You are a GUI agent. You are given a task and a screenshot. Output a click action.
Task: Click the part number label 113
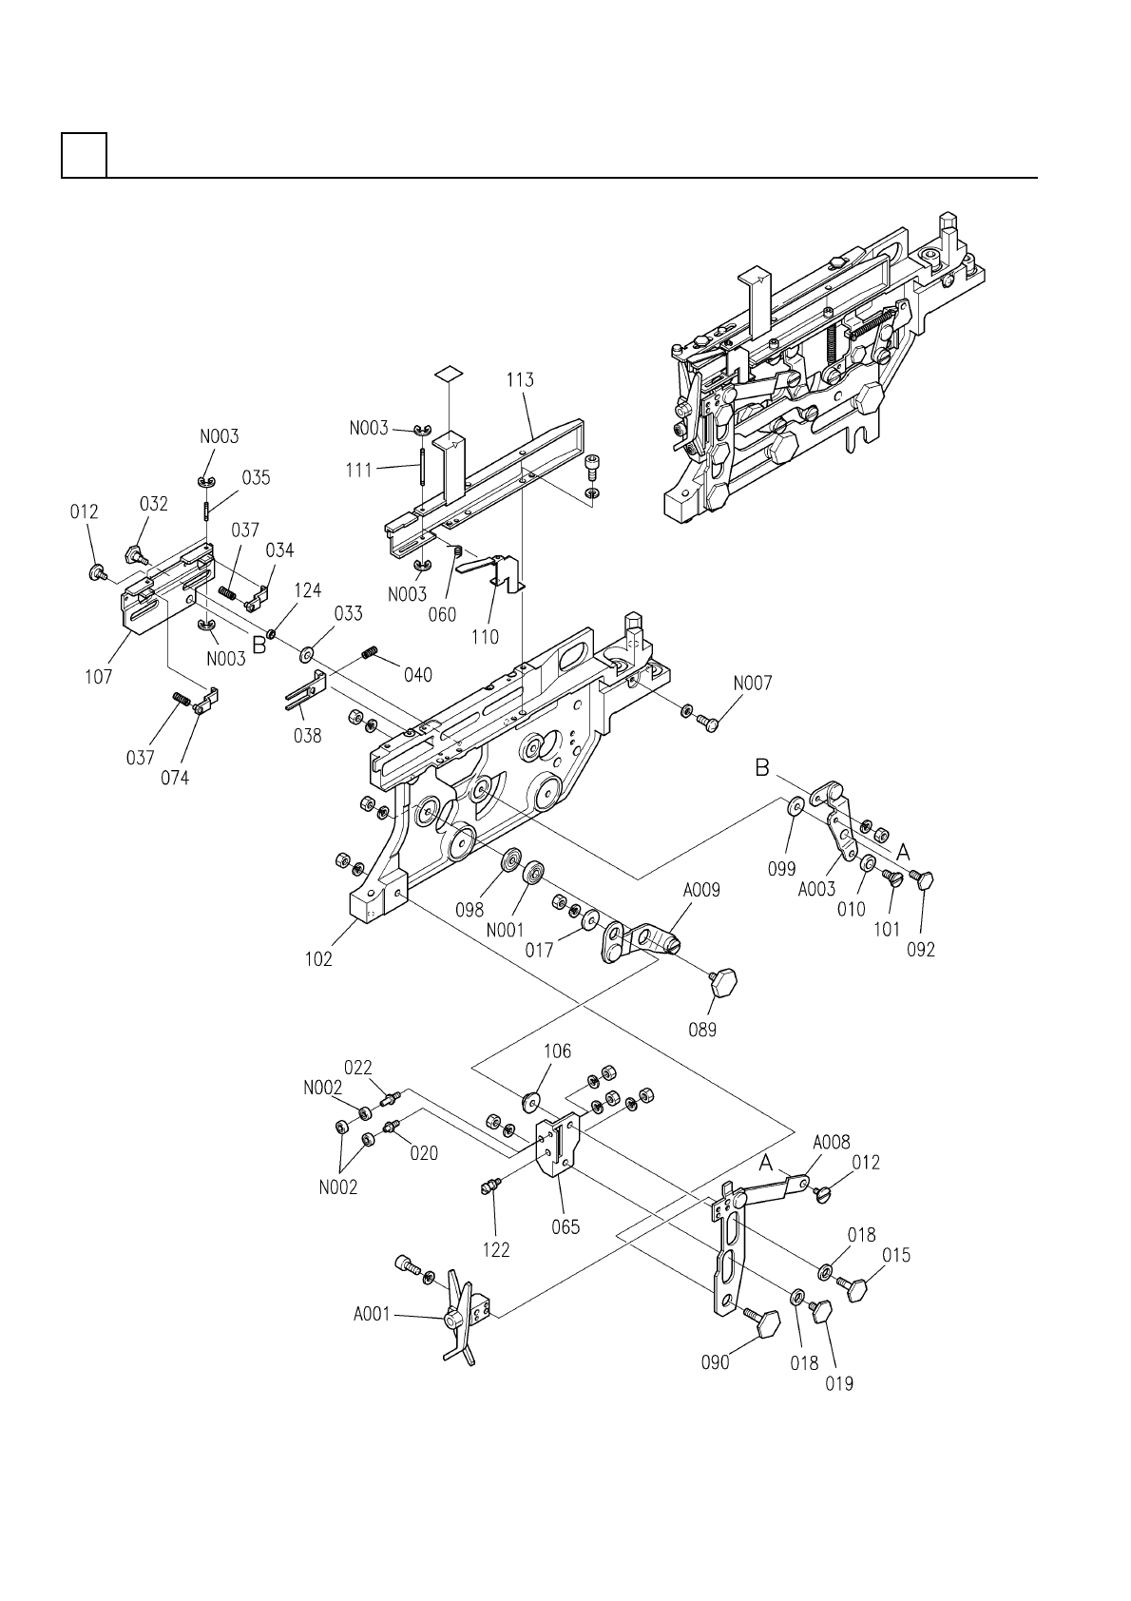pyautogui.click(x=520, y=380)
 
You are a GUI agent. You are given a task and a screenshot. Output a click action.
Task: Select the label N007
pyautogui.click(x=752, y=683)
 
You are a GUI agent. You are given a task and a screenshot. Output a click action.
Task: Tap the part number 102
pyautogui.click(x=319, y=959)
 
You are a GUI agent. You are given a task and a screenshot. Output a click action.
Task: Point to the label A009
pyautogui.click(x=701, y=891)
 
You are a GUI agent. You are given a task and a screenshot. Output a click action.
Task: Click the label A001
pyautogui.click(x=372, y=1315)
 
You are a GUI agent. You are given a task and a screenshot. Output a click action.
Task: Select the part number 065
pyautogui.click(x=566, y=1227)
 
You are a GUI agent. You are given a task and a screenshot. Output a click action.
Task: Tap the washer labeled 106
pyautogui.click(x=530, y=1102)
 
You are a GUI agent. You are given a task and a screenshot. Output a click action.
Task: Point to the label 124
pyautogui.click(x=307, y=590)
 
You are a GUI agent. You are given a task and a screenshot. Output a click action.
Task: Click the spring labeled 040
pyautogui.click(x=371, y=652)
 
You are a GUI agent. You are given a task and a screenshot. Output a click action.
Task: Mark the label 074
pyautogui.click(x=175, y=778)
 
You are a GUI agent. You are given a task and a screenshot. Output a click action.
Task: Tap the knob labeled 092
pyautogui.click(x=924, y=879)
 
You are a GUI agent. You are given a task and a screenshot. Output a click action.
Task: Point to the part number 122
pyautogui.click(x=496, y=1249)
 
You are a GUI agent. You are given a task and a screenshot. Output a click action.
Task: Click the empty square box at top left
pyautogui.click(x=84, y=155)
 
